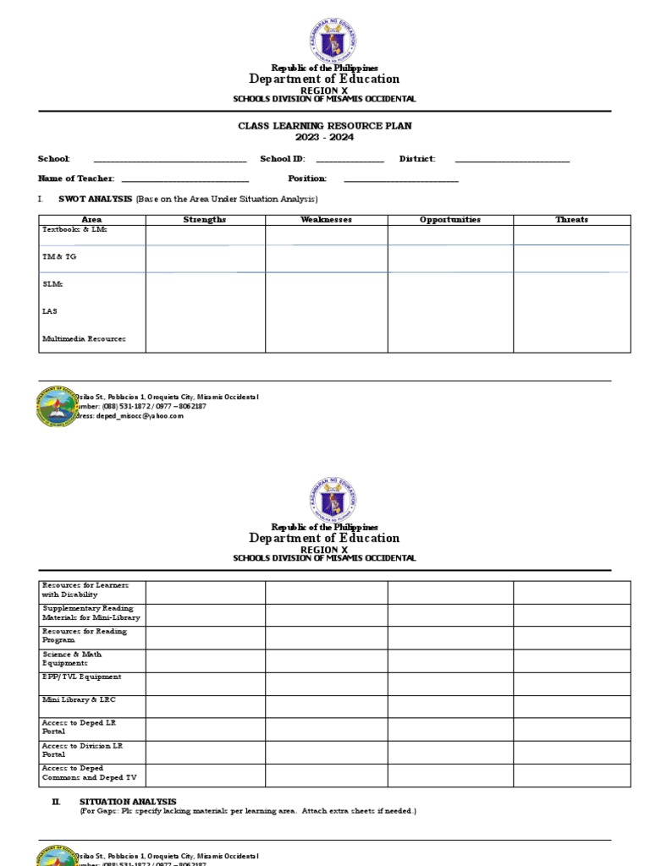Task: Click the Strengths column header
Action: pos(205,220)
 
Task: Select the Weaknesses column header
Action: pos(326,220)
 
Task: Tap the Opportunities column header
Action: pos(449,220)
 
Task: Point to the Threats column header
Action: pos(571,220)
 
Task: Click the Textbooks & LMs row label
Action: pos(75,230)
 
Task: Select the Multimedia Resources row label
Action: pos(84,339)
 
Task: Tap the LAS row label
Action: pos(50,311)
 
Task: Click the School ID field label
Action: pos(282,159)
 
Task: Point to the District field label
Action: pos(419,159)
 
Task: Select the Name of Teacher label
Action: pos(74,178)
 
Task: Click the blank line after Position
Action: pos(400,179)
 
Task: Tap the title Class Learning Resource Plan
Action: pos(325,126)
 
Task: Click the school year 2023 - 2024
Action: pos(325,137)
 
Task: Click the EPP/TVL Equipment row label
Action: pos(81,677)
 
